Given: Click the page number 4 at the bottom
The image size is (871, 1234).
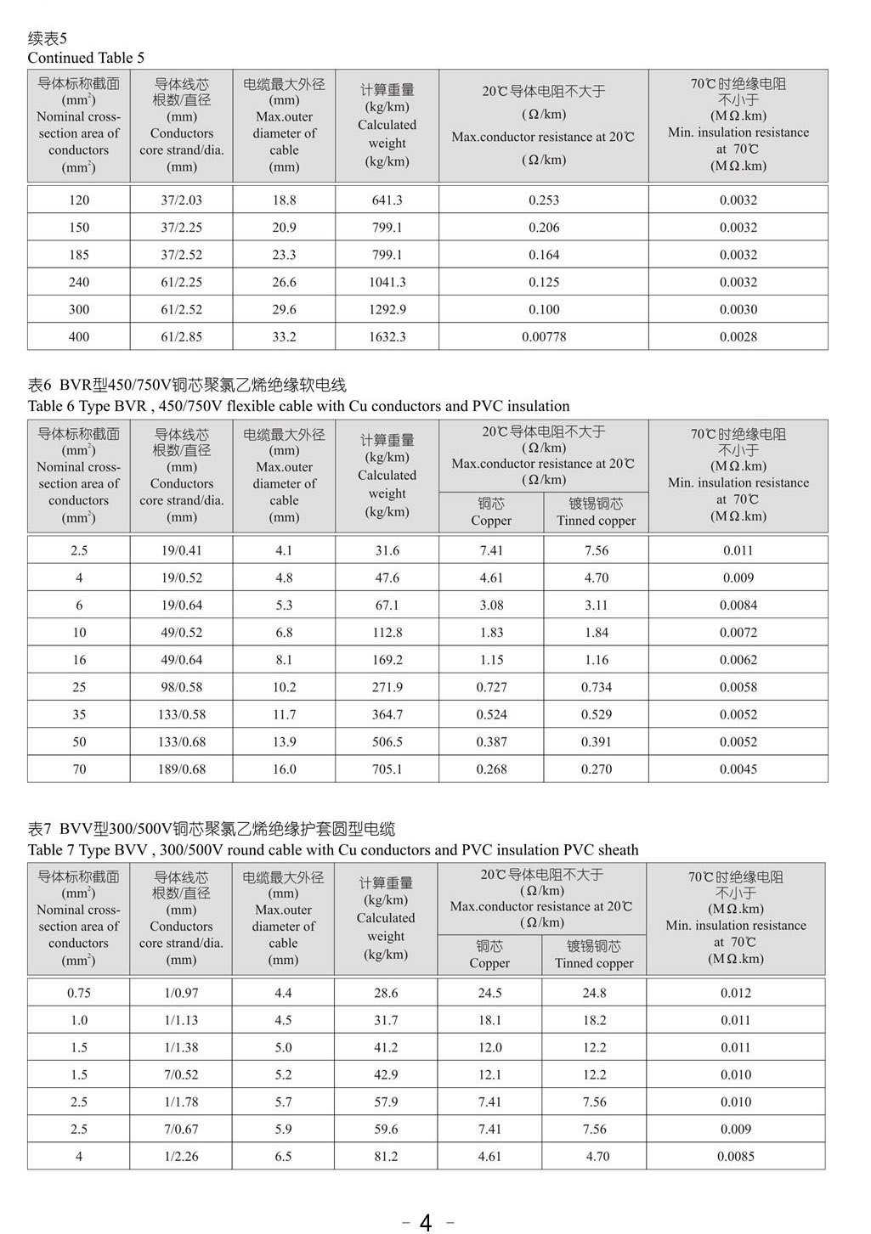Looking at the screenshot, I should tap(426, 1222).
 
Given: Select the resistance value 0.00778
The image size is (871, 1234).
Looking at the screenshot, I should tap(544, 337).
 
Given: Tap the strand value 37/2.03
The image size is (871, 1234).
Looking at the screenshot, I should tap(182, 200).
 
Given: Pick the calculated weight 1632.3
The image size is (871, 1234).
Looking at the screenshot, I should tap(387, 337).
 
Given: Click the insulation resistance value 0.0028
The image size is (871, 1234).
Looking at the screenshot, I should tap(738, 337).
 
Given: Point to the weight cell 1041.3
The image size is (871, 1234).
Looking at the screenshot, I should tap(387, 282).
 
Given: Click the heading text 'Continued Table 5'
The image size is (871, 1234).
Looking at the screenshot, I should tap(86, 58).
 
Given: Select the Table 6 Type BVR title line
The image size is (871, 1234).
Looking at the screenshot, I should tap(298, 406).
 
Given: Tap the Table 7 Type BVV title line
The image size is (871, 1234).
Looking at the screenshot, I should tap(332, 850).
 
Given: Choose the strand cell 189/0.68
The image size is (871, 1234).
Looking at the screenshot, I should tap(182, 769).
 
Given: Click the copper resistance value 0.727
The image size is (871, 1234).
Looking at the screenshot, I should tap(491, 687).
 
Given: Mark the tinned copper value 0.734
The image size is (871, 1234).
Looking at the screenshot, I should tap(596, 687).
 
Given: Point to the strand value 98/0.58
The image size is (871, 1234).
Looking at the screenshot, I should tap(182, 687).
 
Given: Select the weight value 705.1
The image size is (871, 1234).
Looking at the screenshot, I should tap(387, 769).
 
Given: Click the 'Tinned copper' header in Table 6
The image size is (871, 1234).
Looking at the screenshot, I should tap(596, 521).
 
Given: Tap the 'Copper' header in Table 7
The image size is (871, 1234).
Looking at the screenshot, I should tap(489, 963).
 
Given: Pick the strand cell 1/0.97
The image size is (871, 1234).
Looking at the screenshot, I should tap(181, 993).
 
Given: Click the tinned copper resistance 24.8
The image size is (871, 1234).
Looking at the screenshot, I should tap(594, 993).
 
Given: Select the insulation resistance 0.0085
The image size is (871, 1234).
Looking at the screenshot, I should tap(736, 1157).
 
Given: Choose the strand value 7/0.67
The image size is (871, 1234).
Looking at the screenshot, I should tap(181, 1130).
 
